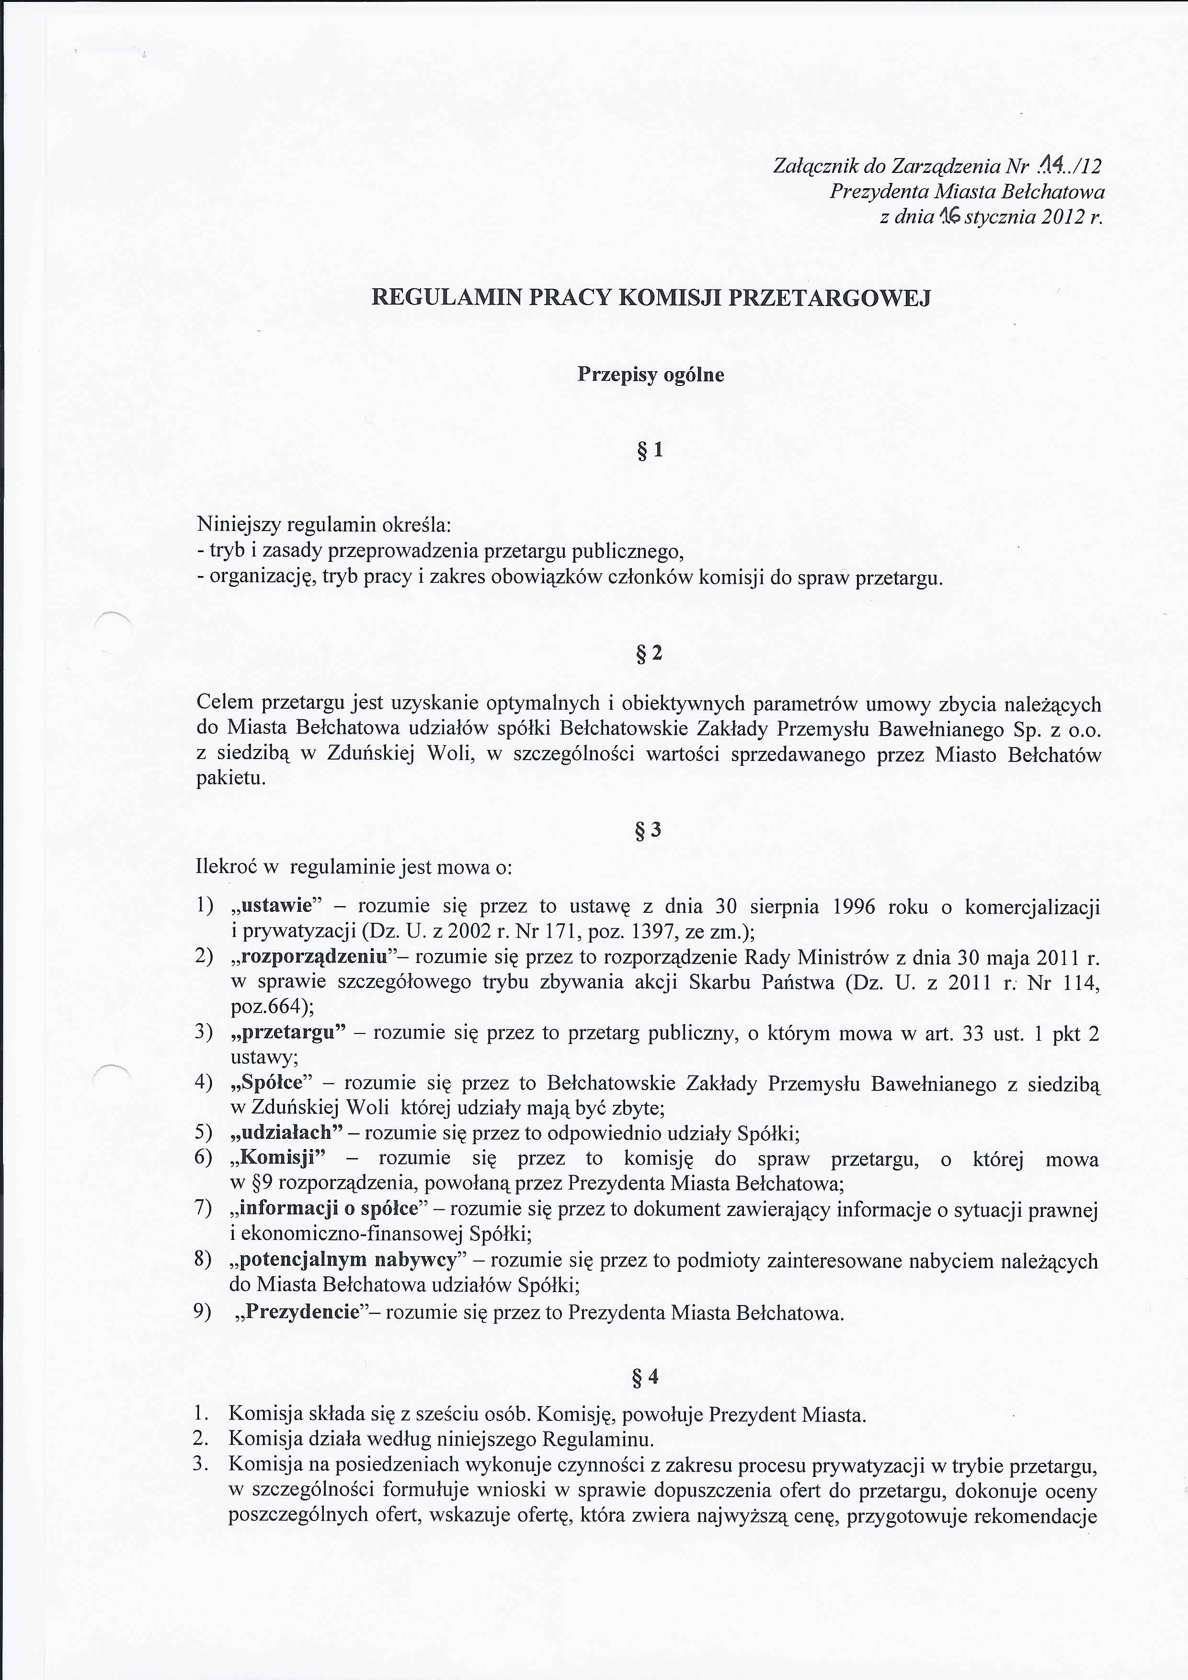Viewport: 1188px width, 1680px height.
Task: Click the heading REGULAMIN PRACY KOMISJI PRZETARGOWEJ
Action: click(651, 298)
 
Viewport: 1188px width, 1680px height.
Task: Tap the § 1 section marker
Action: click(650, 451)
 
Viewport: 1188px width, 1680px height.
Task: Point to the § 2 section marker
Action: click(650, 653)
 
